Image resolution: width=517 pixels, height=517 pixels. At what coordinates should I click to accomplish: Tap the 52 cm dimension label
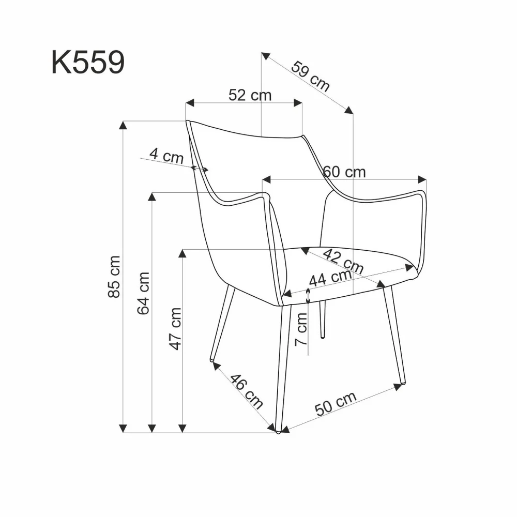coord(250,95)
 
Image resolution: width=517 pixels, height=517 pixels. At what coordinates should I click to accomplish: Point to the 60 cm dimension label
coord(344,172)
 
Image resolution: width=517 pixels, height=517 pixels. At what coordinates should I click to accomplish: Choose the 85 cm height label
coord(115,277)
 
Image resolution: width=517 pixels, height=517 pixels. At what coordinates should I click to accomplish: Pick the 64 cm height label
coord(144,293)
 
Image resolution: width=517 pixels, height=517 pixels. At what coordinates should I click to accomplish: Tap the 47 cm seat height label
coord(176,329)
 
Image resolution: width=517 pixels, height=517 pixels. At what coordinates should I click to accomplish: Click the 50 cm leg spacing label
coord(337,404)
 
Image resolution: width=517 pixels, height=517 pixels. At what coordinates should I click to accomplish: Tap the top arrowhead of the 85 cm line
coord(123,125)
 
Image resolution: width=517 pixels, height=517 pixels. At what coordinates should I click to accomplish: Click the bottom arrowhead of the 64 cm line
coord(152,428)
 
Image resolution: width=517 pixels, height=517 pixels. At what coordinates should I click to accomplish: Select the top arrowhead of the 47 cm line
coord(182,253)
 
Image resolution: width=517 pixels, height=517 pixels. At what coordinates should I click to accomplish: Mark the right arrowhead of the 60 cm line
coord(423,179)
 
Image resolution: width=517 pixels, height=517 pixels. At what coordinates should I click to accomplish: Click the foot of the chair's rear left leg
coord(212,359)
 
